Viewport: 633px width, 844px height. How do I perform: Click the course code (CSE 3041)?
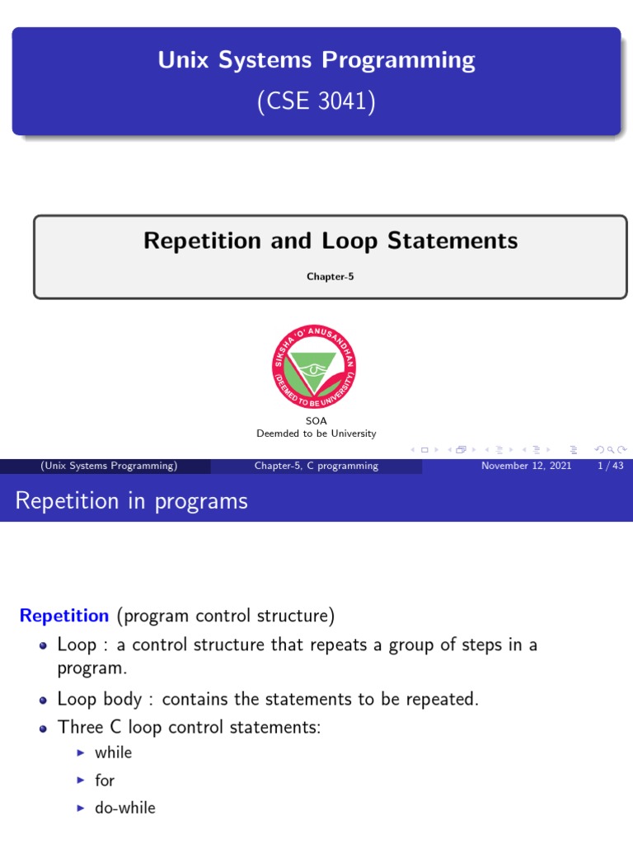click(316, 102)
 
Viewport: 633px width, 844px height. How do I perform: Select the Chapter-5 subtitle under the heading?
click(330, 277)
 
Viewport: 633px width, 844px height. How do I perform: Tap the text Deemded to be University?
click(316, 434)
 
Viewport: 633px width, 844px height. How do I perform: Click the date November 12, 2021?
click(526, 466)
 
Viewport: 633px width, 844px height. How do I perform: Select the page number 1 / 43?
click(607, 466)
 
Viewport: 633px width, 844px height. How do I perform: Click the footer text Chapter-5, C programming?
click(316, 466)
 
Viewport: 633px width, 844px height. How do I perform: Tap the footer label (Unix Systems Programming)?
click(109, 466)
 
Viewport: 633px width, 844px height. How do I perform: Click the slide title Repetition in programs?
click(132, 500)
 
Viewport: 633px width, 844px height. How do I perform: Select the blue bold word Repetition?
click(64, 616)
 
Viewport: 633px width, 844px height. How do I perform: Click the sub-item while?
click(113, 753)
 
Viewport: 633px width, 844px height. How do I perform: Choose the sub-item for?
click(105, 781)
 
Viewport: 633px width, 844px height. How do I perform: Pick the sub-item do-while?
click(124, 809)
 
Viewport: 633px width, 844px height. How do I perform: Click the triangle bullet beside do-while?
click(80, 809)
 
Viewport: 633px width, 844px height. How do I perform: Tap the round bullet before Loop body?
click(43, 701)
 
